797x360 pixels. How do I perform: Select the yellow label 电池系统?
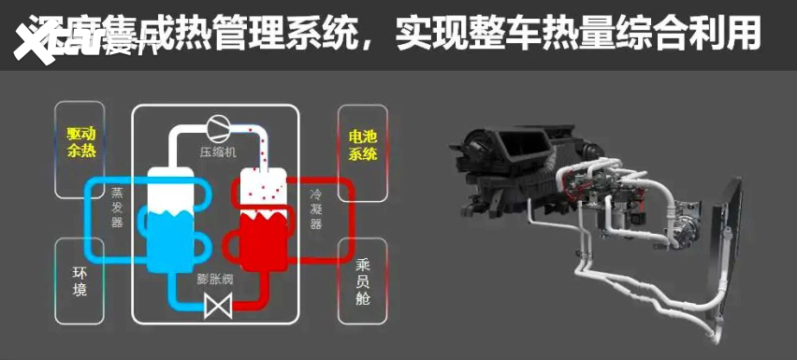[363, 145]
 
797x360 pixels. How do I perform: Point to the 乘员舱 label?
[363, 281]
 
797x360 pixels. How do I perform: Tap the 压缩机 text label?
[218, 151]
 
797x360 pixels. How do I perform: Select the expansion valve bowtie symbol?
[218, 305]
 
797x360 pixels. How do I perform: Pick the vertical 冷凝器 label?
[316, 207]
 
